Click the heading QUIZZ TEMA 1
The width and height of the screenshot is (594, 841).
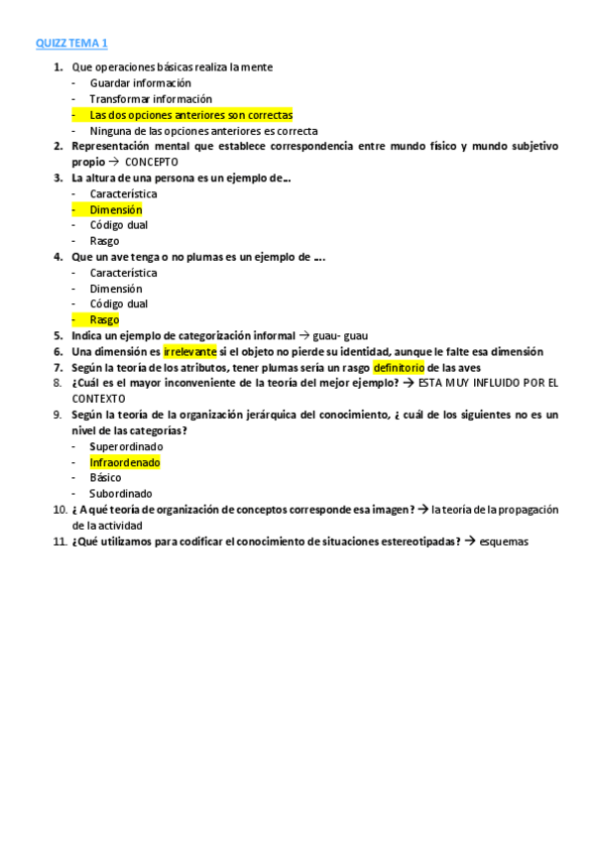click(x=71, y=44)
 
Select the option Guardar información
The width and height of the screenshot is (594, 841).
click(x=140, y=83)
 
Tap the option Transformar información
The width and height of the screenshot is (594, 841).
click(x=151, y=99)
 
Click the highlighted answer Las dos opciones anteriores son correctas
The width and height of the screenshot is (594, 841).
click(x=190, y=115)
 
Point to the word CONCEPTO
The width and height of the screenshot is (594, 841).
click(x=152, y=162)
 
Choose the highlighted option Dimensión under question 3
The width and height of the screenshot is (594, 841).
click(x=115, y=209)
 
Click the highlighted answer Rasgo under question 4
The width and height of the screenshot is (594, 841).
click(x=104, y=320)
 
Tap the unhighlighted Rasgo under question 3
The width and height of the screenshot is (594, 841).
click(x=104, y=241)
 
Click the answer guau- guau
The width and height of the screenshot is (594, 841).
click(x=340, y=336)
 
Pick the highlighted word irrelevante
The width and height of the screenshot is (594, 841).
click(x=189, y=352)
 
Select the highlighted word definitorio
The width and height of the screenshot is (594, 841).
click(x=399, y=368)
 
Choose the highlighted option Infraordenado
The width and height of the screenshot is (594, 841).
click(x=124, y=462)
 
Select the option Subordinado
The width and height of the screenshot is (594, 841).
click(x=121, y=494)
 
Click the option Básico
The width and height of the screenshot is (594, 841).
click(x=106, y=478)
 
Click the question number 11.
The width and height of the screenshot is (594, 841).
click(x=59, y=541)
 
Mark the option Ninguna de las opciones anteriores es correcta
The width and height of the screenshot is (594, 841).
click(x=203, y=131)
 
